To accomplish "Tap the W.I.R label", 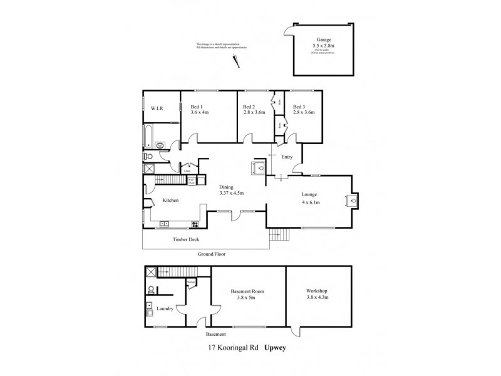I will (156, 108).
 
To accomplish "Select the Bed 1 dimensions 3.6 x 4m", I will (199, 113).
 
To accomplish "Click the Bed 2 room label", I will (249, 107).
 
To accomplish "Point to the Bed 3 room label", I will (299, 107).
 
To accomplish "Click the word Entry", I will (287, 157).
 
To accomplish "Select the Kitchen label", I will (171, 201).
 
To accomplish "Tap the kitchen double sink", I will (165, 223).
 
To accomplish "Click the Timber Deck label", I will (185, 239).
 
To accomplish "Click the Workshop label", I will (316, 292).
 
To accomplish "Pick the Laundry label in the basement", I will (165, 308).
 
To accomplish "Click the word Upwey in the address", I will (274, 345).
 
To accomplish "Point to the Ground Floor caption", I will (211, 254).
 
